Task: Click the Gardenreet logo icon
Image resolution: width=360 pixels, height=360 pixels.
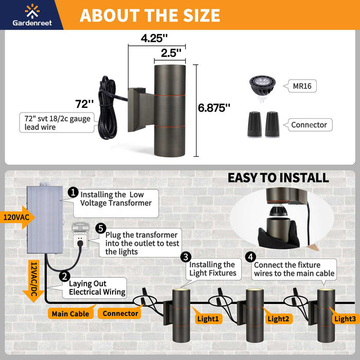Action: click(32, 11)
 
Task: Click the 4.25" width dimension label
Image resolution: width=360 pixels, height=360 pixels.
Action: click(154, 38)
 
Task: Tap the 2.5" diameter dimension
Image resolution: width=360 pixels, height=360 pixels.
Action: click(171, 53)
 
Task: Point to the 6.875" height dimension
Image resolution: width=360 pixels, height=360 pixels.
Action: click(214, 107)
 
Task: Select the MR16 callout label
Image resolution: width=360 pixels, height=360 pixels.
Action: click(302, 86)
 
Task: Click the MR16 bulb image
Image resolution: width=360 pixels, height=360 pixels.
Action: click(262, 88)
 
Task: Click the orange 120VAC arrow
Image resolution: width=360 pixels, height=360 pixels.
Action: click(17, 217)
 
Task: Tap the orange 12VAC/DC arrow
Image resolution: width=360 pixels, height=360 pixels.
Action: click(33, 281)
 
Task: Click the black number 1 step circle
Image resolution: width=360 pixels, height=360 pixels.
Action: click(73, 192)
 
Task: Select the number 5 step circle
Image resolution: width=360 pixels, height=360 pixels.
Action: click(101, 228)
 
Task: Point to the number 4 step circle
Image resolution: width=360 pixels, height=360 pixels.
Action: click(251, 257)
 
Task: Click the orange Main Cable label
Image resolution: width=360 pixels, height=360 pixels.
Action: click(70, 314)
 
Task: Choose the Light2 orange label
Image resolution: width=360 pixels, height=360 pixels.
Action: click(278, 319)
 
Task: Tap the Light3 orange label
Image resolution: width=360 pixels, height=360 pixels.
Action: click(345, 319)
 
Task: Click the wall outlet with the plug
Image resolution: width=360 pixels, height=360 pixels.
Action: click(79, 236)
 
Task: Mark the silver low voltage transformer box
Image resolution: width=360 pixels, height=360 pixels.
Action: click(45, 219)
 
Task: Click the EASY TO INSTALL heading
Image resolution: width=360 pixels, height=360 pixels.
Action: click(278, 178)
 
